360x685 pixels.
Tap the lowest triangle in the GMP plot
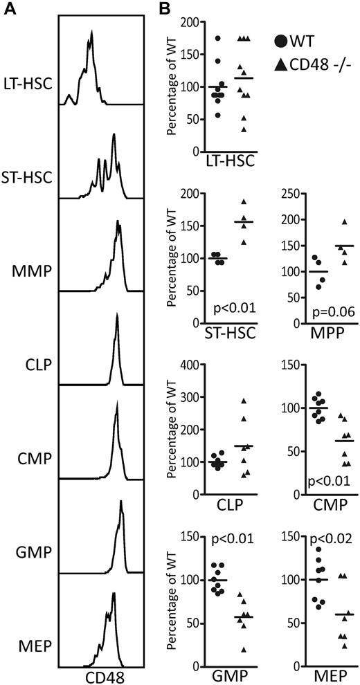pos(242,630)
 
